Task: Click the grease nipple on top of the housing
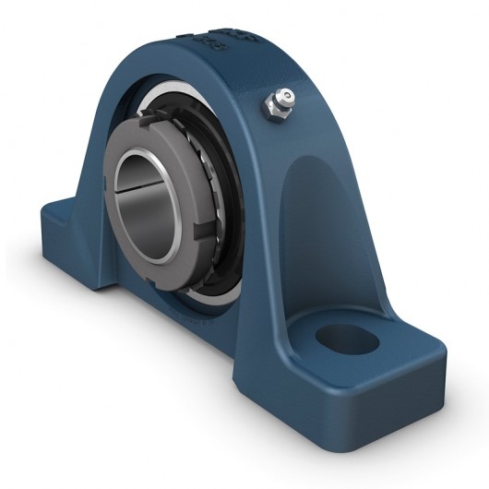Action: (x=277, y=99)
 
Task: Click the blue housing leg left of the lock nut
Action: (x=92, y=185)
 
